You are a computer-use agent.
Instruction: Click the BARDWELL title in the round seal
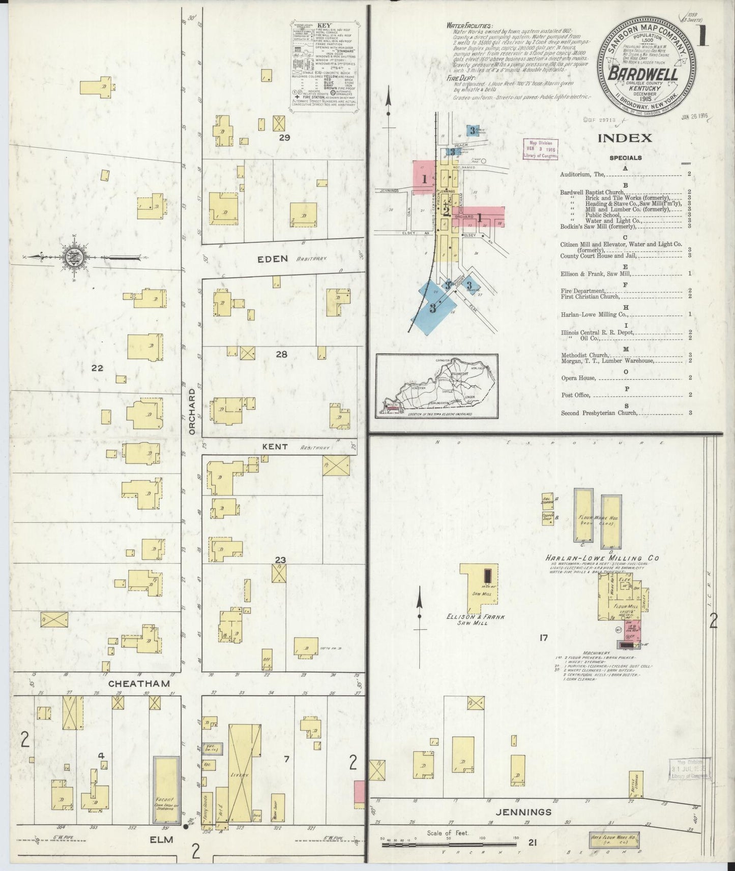[643, 74]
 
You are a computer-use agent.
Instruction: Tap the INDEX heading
[625, 138]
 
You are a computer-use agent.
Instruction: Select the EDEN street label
[272, 259]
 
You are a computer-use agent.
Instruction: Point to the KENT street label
[275, 447]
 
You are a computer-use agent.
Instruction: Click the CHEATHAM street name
[139, 683]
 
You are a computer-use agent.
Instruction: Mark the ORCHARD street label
[192, 412]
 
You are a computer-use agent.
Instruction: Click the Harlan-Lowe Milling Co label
[602, 558]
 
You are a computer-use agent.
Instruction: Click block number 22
[97, 367]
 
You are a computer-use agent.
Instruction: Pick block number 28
[281, 354]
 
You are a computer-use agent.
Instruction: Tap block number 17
[544, 637]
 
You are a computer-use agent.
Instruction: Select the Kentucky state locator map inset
[436, 386]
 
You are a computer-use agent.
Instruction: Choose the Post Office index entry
[575, 395]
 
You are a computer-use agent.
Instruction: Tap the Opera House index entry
[578, 378]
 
